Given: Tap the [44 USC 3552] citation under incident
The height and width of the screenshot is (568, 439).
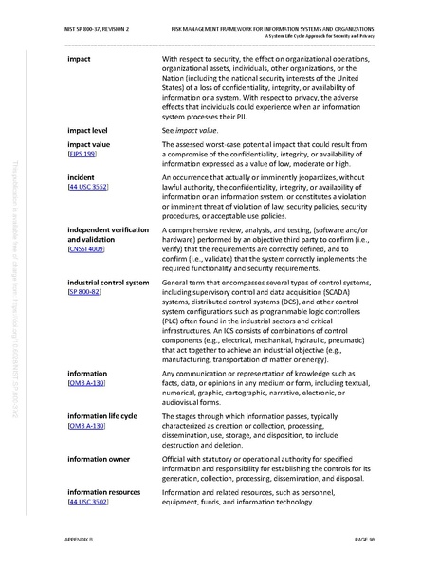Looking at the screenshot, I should tap(87, 188).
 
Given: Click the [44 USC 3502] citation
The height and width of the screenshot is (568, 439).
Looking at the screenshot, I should tap(87, 501).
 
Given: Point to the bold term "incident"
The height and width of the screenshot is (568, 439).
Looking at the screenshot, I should tap(82, 178).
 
